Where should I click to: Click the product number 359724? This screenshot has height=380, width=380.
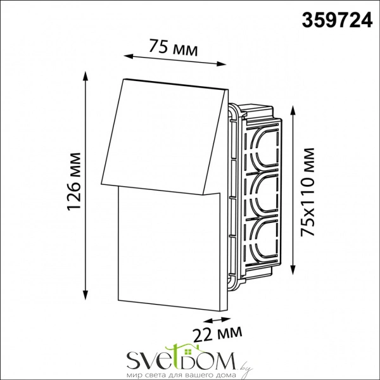click(337, 20)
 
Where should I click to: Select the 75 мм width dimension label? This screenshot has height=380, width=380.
click(174, 47)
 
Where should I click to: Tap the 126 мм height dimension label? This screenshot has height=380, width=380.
click(74, 182)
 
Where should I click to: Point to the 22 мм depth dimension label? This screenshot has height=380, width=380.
click(218, 332)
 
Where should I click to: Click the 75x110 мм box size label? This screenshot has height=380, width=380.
click(307, 191)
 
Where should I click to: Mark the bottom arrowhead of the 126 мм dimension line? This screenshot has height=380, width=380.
click(85, 295)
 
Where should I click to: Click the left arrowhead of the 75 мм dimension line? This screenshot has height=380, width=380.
click(129, 56)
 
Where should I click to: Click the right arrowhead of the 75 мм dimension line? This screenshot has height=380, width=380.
click(221, 64)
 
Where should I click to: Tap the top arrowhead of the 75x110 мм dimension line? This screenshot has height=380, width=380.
click(293, 111)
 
